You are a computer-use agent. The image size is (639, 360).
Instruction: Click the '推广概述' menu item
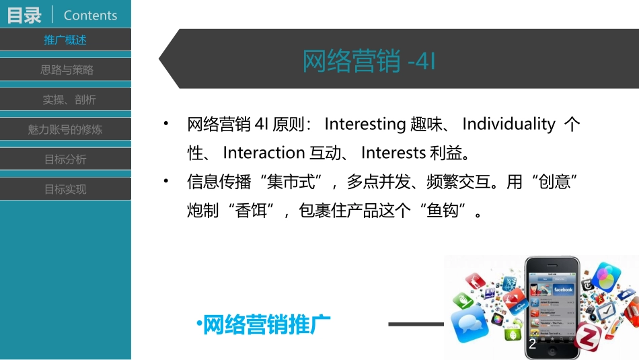tap(65, 40)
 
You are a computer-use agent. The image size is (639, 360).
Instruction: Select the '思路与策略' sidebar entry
tap(65, 69)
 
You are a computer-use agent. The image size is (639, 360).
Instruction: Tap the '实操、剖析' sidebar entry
tap(65, 100)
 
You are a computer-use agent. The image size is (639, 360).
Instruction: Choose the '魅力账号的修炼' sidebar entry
tap(65, 129)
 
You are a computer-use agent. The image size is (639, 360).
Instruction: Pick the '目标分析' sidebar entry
tap(65, 159)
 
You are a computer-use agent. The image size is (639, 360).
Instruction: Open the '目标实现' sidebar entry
tap(65, 189)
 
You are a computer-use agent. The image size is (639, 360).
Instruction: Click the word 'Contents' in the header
tap(90, 15)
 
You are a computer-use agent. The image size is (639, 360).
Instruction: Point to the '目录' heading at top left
tap(24, 15)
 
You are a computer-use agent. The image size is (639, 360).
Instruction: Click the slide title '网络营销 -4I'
tap(369, 61)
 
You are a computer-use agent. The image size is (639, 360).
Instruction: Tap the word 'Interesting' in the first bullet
tap(364, 124)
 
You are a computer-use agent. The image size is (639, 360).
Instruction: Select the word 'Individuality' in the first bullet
tap(509, 124)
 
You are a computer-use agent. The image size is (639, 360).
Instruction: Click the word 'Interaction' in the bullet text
tap(264, 153)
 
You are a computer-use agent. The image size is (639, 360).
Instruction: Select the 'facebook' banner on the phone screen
tap(562, 289)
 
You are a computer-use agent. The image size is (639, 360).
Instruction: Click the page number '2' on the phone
tap(533, 345)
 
